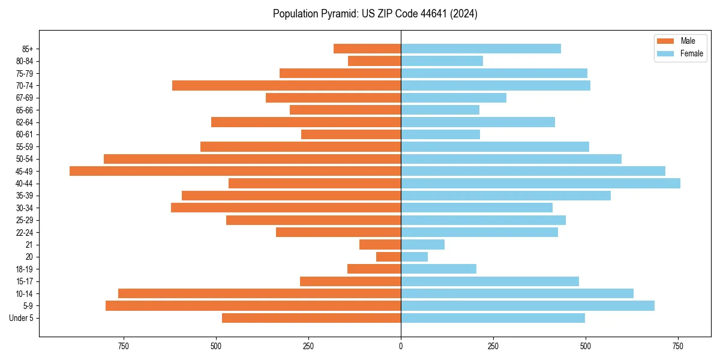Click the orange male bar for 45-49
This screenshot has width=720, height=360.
coord(235,171)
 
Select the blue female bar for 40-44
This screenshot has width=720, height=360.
coord(541,183)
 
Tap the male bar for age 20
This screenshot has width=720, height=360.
coord(388,257)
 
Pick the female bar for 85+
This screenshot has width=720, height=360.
coord(481,49)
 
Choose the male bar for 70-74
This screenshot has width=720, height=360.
coord(286,85)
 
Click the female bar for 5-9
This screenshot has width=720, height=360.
coord(527,305)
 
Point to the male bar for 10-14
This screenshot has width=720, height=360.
coord(259,293)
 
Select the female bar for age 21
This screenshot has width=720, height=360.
coord(422,244)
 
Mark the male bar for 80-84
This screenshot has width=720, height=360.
coord(374,61)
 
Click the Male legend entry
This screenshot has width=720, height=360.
coord(679,41)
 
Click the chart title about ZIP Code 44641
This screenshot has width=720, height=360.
coord(375,14)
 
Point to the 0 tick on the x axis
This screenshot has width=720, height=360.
coord(401,346)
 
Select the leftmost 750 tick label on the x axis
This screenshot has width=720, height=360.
coord(124,346)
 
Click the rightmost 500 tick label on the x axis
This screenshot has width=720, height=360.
coord(586,346)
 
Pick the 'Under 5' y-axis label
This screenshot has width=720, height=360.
coord(21,318)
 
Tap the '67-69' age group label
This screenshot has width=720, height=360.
coord(25,98)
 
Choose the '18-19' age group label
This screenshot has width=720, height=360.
coord(25,269)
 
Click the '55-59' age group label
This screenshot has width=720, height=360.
coord(25,146)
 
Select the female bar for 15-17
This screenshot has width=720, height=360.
coord(490,281)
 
